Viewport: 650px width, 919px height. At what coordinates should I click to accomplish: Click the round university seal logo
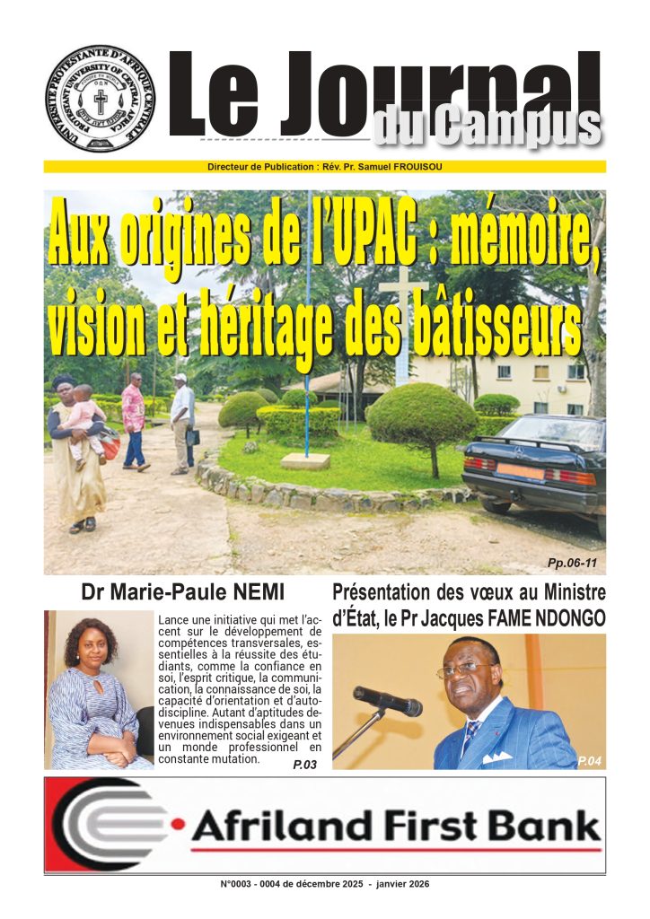[x=100, y=99]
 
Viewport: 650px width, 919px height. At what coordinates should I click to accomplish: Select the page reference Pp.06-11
[x=571, y=564]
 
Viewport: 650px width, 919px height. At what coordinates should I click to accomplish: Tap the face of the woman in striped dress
[x=89, y=640]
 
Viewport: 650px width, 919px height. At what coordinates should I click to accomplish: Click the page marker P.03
[x=305, y=764]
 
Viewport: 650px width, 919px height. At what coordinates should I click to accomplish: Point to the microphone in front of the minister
[x=386, y=700]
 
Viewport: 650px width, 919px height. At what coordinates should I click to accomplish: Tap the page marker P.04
[x=588, y=761]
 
